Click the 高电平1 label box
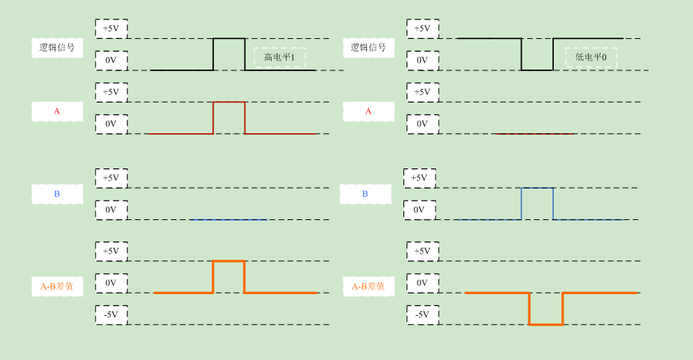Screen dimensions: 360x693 tap(279, 58)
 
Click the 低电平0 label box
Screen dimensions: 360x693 tap(590, 58)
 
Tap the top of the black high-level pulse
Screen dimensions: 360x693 tap(229, 38)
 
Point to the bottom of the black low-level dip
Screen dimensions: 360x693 tap(537, 70)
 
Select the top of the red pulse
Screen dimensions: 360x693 tap(229, 102)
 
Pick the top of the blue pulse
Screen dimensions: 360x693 tap(537, 188)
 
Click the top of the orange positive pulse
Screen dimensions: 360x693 tap(229, 261)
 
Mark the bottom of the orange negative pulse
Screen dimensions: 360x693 tap(546, 324)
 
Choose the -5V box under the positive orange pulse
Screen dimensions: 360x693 tap(111, 314)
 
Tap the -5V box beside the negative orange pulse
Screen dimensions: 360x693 tap(422, 314)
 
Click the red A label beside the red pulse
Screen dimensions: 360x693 tap(57, 112)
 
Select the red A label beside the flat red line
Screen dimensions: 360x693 tap(368, 112)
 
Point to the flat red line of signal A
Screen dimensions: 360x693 tap(533, 134)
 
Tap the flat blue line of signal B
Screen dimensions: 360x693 tap(228, 219)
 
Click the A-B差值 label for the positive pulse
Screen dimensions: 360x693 tap(57, 286)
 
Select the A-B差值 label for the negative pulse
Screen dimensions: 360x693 tap(368, 286)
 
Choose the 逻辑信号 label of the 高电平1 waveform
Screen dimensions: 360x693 tap(57, 48)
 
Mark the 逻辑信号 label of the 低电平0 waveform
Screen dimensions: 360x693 tap(368, 48)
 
